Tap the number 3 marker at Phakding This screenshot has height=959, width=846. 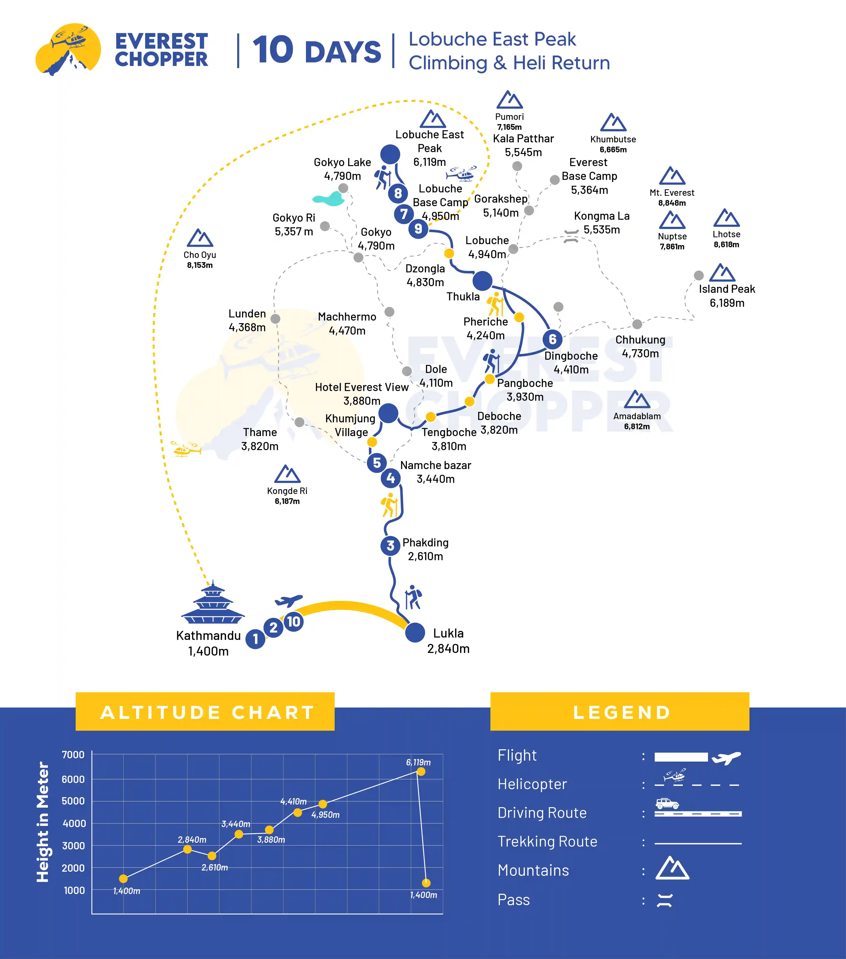(x=390, y=546)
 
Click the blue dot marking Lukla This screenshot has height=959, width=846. (x=415, y=633)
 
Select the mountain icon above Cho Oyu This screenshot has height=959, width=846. (x=200, y=238)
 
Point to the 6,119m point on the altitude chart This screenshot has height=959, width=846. (x=421, y=771)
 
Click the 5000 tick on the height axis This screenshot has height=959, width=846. (x=74, y=801)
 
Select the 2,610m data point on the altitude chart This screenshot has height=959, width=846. (x=212, y=856)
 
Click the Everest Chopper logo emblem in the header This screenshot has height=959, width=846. (x=69, y=49)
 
